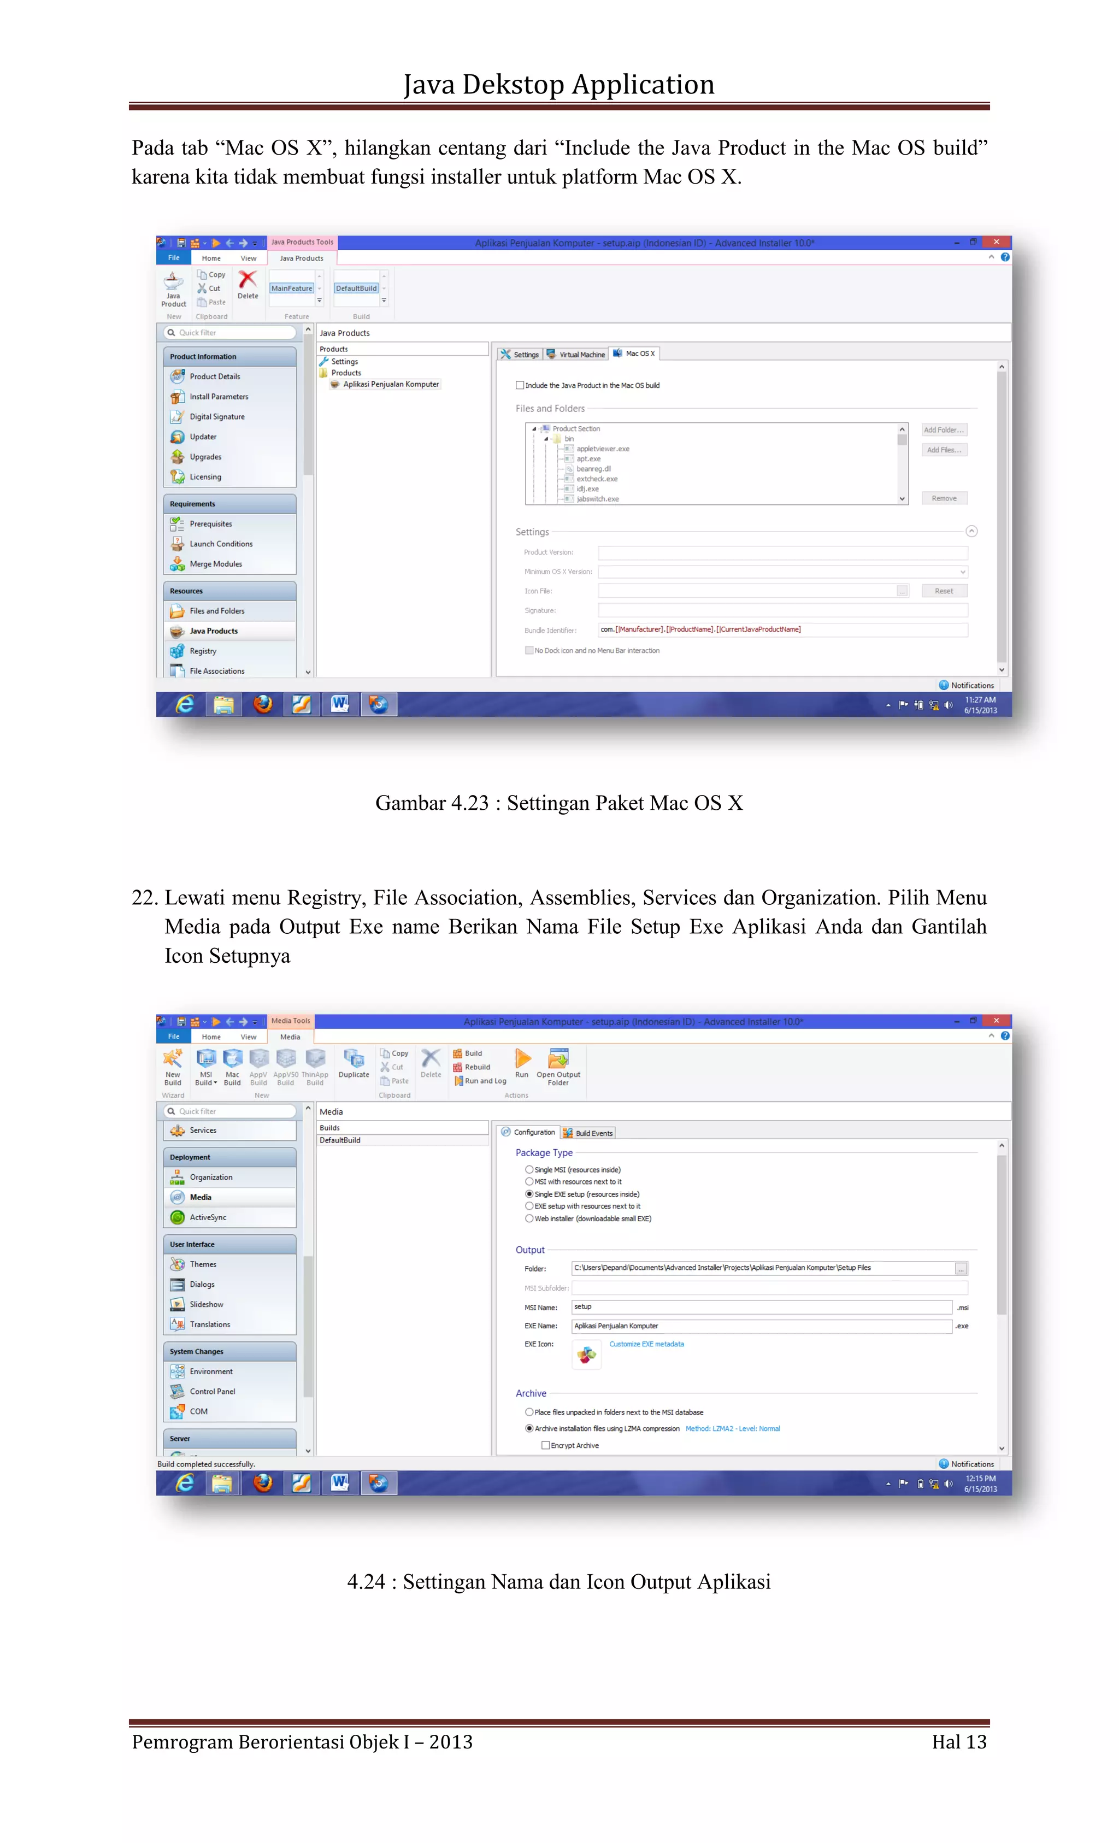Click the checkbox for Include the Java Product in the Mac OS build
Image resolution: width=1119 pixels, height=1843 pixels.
point(519,385)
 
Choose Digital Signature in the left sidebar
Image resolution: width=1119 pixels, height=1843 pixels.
point(217,416)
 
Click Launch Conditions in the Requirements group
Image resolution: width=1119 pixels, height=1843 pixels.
point(221,544)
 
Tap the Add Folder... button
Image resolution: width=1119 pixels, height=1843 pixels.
point(943,430)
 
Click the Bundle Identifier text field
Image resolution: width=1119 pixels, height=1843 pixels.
point(782,630)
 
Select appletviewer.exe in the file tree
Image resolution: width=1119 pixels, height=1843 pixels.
point(602,449)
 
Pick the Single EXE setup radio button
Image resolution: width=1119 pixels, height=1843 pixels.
point(529,1194)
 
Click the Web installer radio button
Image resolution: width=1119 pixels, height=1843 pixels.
point(529,1218)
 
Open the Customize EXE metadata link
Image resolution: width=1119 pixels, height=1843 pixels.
point(646,1344)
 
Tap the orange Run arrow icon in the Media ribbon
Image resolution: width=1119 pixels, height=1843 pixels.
point(522,1059)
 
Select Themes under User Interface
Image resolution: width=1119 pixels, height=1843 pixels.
point(203,1264)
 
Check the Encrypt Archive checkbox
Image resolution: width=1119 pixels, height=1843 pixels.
point(545,1445)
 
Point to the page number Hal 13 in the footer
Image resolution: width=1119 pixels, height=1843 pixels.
point(958,1742)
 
